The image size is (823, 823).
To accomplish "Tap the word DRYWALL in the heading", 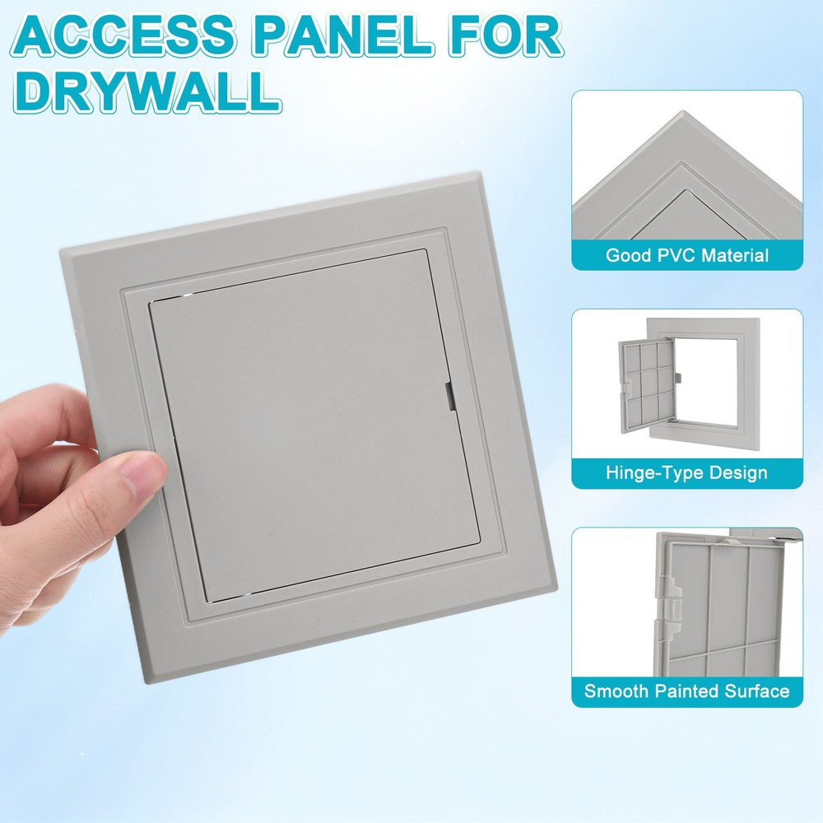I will (x=147, y=91).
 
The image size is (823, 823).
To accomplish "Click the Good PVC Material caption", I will (x=687, y=255).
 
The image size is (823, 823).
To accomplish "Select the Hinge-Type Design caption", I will (x=687, y=473).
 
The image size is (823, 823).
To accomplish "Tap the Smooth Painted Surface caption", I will (x=687, y=691).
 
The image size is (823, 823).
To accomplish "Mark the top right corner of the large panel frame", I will (x=480, y=174).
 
